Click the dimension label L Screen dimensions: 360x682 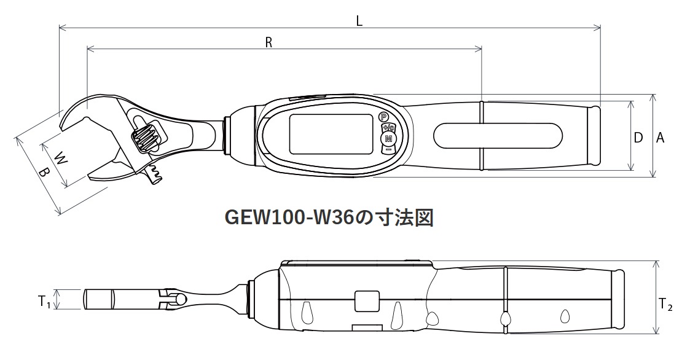click(x=359, y=20)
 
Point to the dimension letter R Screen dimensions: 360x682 click(x=268, y=42)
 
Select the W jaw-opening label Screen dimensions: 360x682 click(x=59, y=158)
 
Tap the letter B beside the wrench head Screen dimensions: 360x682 click(x=43, y=174)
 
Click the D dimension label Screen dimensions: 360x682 click(x=638, y=138)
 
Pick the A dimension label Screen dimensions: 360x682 click(x=660, y=138)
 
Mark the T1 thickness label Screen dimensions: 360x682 click(x=43, y=301)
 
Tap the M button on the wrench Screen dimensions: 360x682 click(x=388, y=140)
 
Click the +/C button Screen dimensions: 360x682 click(x=388, y=128)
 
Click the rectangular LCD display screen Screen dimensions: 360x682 click(x=331, y=135)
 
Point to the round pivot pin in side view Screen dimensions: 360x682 click(x=181, y=299)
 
